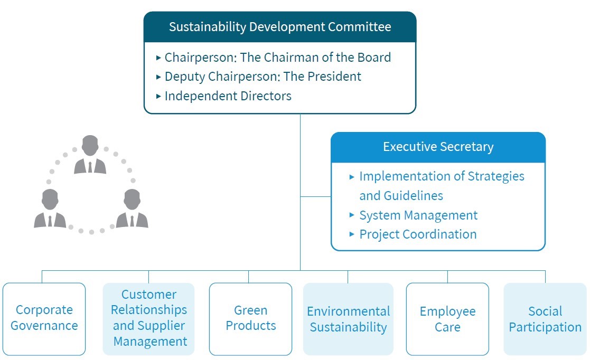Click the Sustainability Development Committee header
(280, 27)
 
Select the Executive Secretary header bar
(438, 147)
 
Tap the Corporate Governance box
(44, 319)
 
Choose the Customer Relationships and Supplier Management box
(148, 319)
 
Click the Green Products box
(250, 319)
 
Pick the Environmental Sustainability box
(348, 319)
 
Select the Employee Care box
(447, 319)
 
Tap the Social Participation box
(545, 319)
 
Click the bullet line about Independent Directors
(224, 96)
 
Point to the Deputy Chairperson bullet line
(259, 77)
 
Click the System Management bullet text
(418, 215)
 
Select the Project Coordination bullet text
(418, 234)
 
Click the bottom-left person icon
(50, 209)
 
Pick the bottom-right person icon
(132, 209)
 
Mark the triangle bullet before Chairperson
(158, 58)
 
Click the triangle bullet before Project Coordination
(352, 234)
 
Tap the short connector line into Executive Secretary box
(316, 196)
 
